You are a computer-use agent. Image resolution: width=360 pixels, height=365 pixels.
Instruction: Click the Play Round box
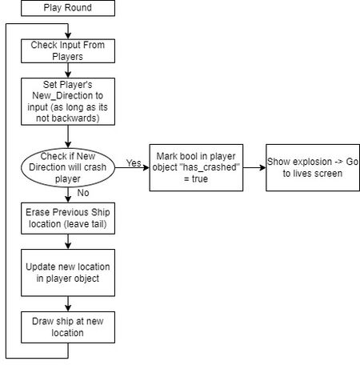pyautogui.click(x=68, y=8)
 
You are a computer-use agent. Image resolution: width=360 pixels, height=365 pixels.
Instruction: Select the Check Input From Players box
pyautogui.click(x=68, y=51)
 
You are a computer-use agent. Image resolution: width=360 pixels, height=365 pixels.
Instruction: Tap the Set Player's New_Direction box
pyautogui.click(x=68, y=102)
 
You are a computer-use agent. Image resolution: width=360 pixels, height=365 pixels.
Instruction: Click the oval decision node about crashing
pyautogui.click(x=68, y=167)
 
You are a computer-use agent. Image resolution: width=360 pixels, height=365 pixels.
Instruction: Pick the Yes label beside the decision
pyautogui.click(x=134, y=162)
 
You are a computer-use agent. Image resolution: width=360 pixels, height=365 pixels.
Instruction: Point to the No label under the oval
pyautogui.click(x=83, y=193)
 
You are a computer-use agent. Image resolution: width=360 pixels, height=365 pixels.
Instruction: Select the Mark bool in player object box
pyautogui.click(x=196, y=167)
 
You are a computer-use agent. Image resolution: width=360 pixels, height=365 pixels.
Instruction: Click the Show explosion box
pyautogui.click(x=313, y=167)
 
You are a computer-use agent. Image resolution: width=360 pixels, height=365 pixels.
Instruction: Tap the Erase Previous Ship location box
pyautogui.click(x=68, y=219)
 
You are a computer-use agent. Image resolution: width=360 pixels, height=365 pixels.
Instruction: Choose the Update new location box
pyautogui.click(x=68, y=273)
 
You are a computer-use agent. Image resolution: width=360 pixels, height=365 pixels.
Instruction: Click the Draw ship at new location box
pyautogui.click(x=68, y=327)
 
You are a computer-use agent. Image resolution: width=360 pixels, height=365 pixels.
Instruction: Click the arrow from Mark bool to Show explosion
pyautogui.click(x=254, y=167)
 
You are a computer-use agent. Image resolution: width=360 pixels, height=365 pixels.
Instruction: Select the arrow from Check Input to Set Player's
pyautogui.click(x=68, y=70)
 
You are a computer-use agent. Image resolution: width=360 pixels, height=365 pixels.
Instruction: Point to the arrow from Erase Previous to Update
pyautogui.click(x=68, y=242)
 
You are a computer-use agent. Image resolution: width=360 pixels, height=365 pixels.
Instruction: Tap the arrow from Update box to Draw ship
pyautogui.click(x=68, y=303)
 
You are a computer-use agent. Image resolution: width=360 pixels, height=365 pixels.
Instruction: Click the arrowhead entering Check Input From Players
pyautogui.click(x=68, y=36)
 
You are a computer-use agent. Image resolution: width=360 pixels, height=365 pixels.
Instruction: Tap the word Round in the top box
pyautogui.click(x=80, y=7)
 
